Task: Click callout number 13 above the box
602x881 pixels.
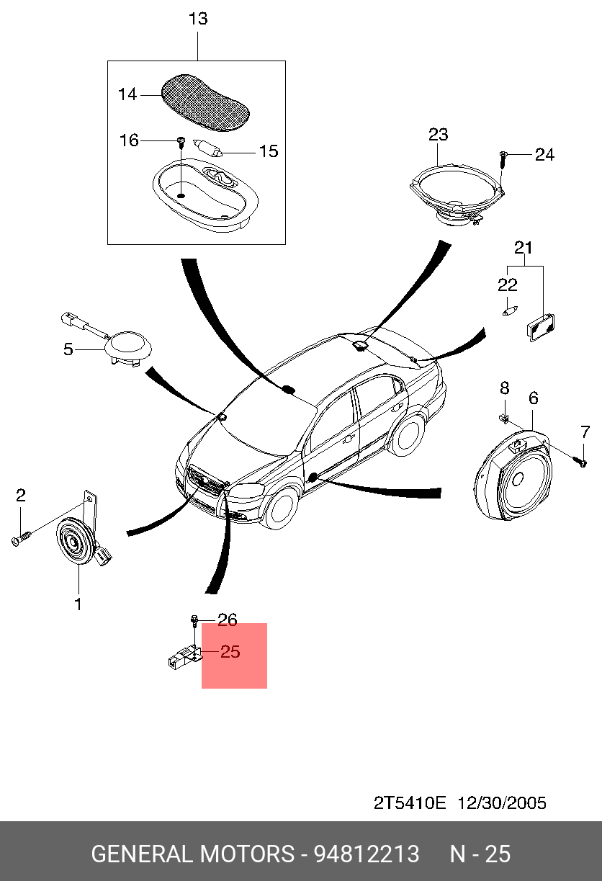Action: [x=198, y=19]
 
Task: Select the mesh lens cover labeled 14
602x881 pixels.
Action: [x=205, y=102]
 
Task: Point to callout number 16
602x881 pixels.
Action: [x=129, y=140]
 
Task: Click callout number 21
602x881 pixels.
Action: [x=524, y=248]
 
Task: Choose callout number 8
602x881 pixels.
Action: [x=505, y=388]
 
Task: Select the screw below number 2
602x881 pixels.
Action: [x=22, y=537]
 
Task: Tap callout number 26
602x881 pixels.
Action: [x=228, y=620]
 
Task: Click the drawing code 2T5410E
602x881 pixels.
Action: [x=409, y=802]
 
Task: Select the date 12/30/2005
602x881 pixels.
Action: [x=502, y=802]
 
